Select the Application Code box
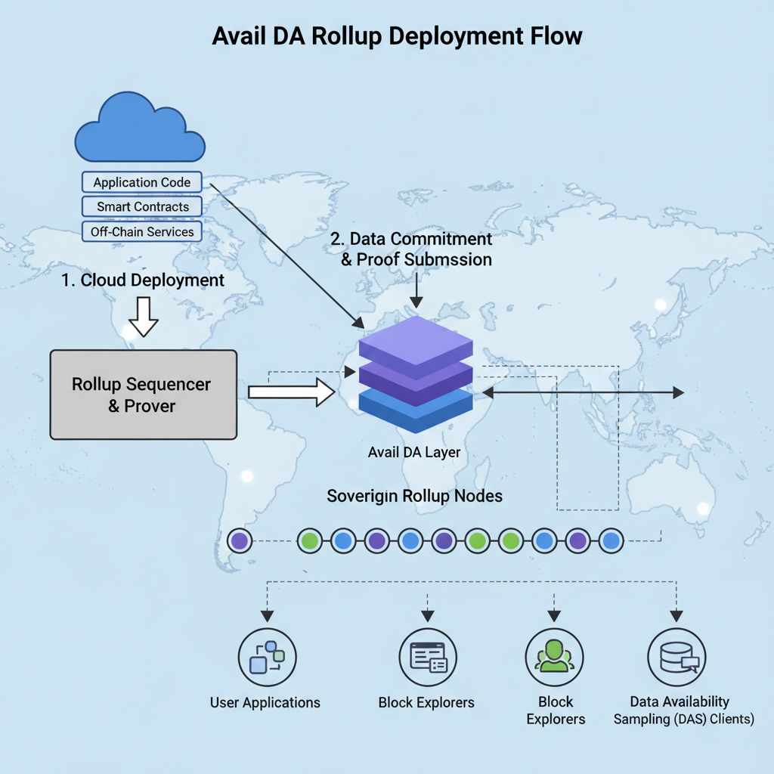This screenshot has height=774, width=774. [141, 182]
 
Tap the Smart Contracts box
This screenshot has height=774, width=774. [142, 206]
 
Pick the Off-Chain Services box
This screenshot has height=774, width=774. [142, 232]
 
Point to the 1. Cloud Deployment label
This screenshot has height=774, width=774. [143, 280]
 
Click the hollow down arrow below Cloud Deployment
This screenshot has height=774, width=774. [143, 317]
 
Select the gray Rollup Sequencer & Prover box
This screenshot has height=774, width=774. [143, 394]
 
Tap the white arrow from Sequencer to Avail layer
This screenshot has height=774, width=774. [292, 392]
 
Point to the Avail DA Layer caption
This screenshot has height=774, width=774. [414, 453]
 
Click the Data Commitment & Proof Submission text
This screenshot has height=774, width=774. [411, 249]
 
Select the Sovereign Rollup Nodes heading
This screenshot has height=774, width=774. [414, 497]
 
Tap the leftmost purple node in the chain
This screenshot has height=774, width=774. [240, 540]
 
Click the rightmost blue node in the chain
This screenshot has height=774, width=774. [611, 540]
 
